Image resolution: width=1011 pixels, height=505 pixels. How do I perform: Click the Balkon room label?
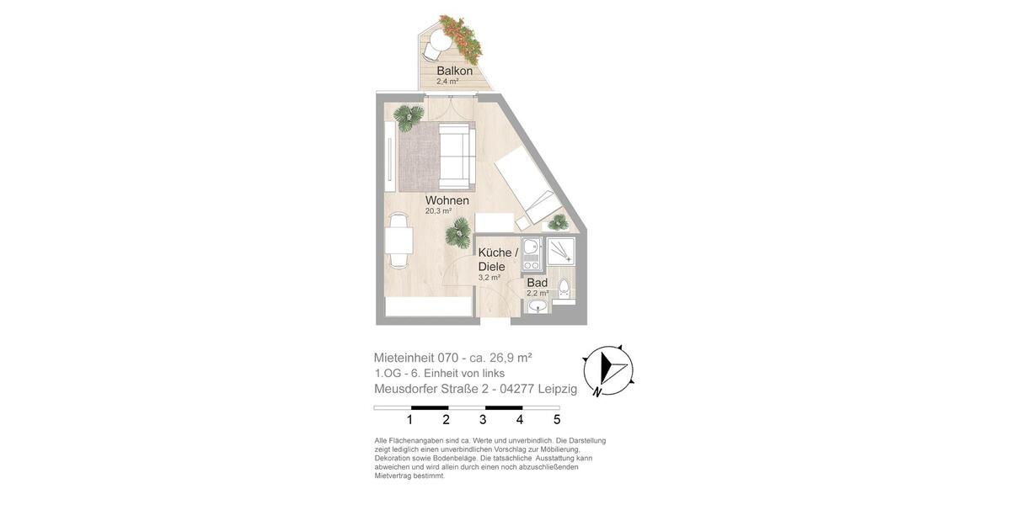point(454,71)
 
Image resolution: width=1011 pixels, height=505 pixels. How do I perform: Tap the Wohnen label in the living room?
point(447,200)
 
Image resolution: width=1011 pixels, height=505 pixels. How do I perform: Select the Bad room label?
point(537,283)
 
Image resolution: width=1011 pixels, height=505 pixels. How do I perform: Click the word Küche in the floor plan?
point(495,252)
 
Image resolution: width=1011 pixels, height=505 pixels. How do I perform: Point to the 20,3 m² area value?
point(438,211)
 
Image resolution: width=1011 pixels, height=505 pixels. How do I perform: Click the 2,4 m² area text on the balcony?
point(447,82)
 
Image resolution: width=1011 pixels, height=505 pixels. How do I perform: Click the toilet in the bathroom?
point(564,289)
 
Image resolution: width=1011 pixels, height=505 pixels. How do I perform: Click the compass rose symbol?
point(607,370)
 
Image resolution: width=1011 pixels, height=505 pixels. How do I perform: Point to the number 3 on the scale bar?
point(483,419)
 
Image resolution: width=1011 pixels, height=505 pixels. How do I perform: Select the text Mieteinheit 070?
point(415,358)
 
